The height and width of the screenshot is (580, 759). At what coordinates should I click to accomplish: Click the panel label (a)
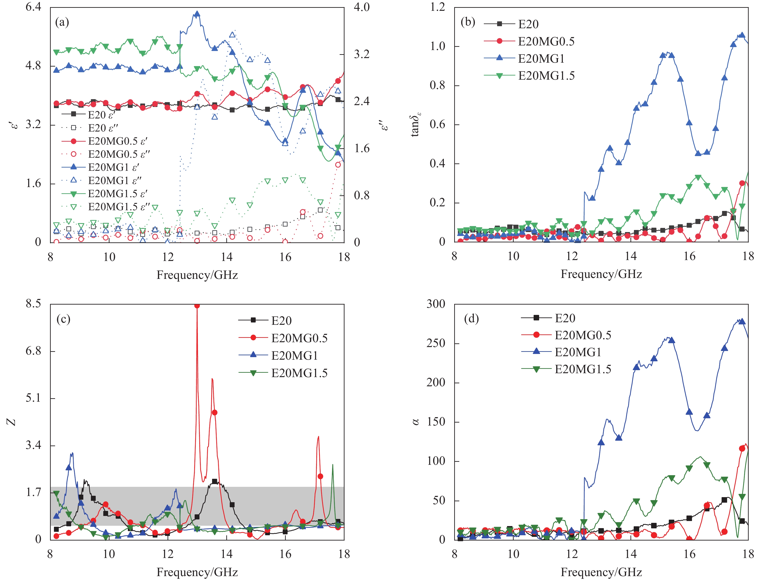click(62, 22)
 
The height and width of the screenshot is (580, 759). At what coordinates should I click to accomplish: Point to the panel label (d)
click(471, 318)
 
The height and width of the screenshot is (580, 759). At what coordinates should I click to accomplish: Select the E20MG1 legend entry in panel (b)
click(541, 59)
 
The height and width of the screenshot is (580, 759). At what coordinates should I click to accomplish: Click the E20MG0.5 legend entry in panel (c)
click(299, 338)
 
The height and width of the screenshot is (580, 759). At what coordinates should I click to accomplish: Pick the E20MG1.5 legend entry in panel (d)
click(583, 369)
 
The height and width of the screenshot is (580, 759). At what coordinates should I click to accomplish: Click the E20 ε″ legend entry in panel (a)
click(103, 128)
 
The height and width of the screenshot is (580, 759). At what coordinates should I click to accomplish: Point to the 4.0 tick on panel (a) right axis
click(361, 7)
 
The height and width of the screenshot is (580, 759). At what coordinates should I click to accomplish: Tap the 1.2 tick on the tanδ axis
click(437, 7)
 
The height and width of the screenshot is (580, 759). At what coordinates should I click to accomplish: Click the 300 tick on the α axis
click(436, 304)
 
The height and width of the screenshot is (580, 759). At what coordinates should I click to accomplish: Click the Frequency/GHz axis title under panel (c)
click(197, 572)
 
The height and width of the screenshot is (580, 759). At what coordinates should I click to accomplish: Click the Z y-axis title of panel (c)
click(12, 422)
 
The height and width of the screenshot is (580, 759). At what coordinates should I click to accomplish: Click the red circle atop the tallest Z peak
click(197, 305)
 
